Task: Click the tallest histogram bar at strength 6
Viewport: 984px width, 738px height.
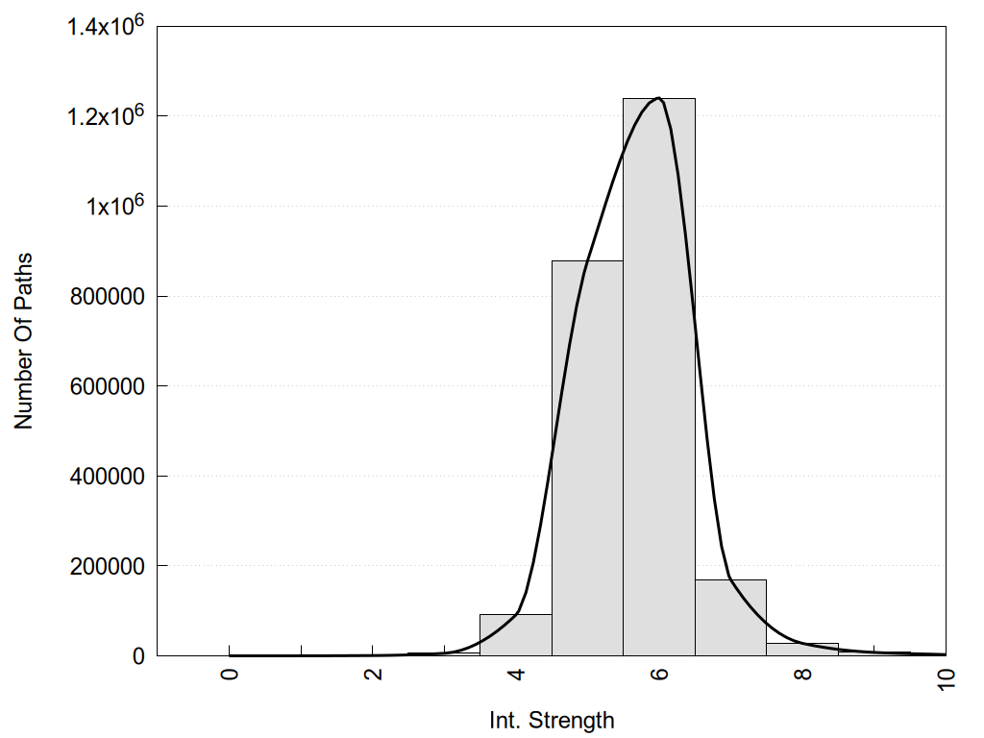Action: [659, 384]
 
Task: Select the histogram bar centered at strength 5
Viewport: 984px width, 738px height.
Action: [587, 461]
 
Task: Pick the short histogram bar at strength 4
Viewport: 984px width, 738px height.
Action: [515, 635]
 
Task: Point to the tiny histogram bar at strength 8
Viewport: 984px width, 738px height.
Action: [802, 650]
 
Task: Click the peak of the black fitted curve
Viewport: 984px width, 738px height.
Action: [658, 98]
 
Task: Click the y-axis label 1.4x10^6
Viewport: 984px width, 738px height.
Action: [105, 26]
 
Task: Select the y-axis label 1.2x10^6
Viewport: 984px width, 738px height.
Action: [105, 116]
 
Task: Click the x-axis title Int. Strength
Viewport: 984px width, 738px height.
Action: [551, 719]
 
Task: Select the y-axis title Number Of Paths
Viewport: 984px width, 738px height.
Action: [23, 340]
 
